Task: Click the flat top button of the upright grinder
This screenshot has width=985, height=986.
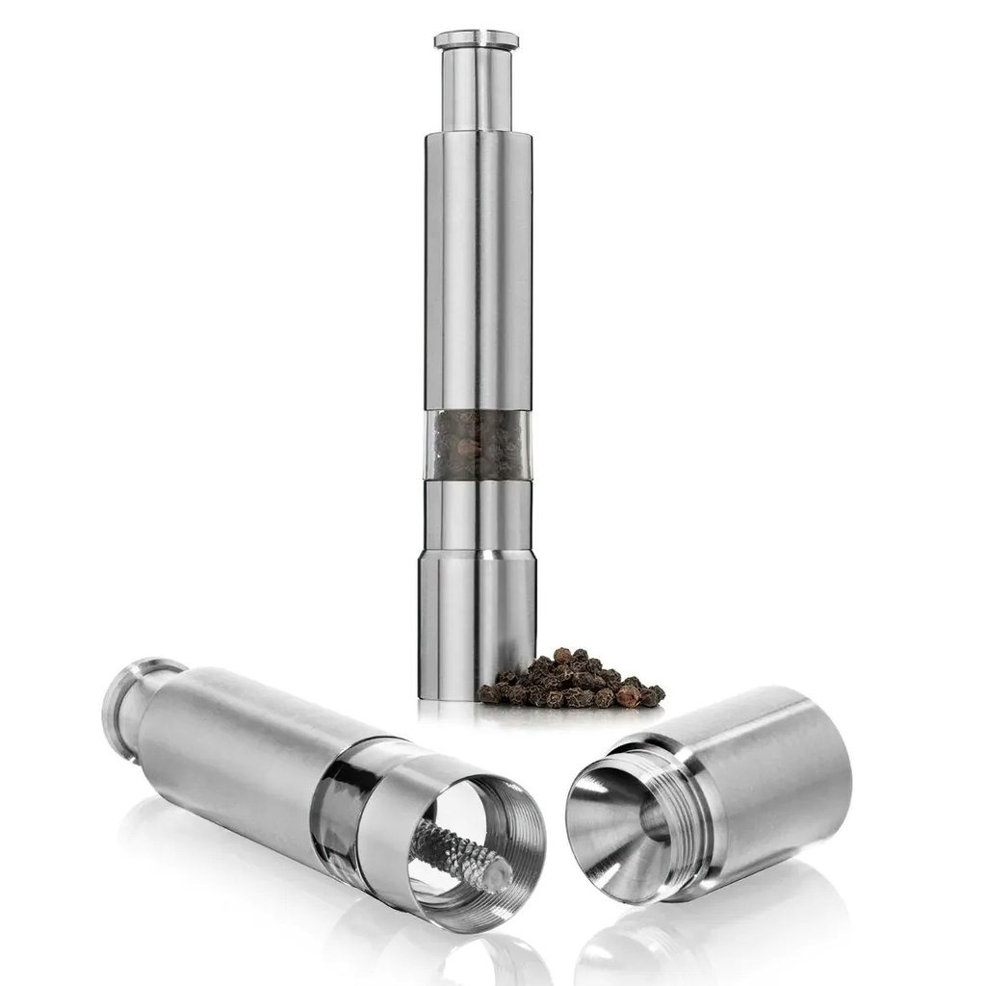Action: [476, 39]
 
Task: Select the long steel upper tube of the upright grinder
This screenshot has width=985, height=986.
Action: [478, 270]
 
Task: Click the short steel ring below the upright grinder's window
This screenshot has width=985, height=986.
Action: [478, 515]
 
